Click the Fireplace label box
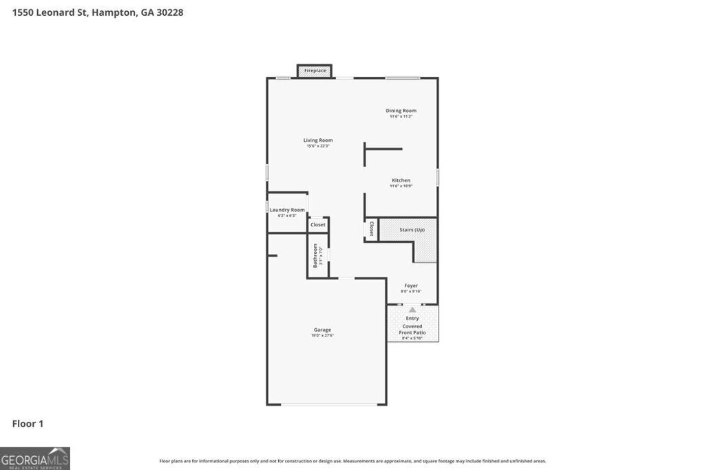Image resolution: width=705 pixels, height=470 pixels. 315,70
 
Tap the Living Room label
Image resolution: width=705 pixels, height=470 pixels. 318,140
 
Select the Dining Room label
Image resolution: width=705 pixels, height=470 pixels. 401,111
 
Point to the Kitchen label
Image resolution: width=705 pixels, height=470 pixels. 401,180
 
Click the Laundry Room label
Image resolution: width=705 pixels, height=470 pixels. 287,210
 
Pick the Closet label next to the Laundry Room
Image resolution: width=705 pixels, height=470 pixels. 318,224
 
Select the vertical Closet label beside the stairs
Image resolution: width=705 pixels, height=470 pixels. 372,228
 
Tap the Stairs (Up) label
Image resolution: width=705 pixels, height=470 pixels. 412,230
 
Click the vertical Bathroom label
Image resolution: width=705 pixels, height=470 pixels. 315,255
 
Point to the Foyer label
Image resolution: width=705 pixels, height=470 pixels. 411,286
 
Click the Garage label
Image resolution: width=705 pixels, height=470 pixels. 322,330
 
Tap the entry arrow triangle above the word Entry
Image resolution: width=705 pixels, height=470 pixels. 412,310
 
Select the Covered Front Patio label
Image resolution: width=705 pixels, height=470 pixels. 412,329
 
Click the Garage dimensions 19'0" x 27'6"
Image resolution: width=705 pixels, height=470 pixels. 322,336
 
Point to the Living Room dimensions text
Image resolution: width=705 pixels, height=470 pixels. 318,146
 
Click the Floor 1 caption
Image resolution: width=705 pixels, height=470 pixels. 28,424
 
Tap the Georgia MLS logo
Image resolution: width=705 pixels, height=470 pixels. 35,458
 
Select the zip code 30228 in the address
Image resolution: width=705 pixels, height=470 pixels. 169,12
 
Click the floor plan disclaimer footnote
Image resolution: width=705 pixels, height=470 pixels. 352,461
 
